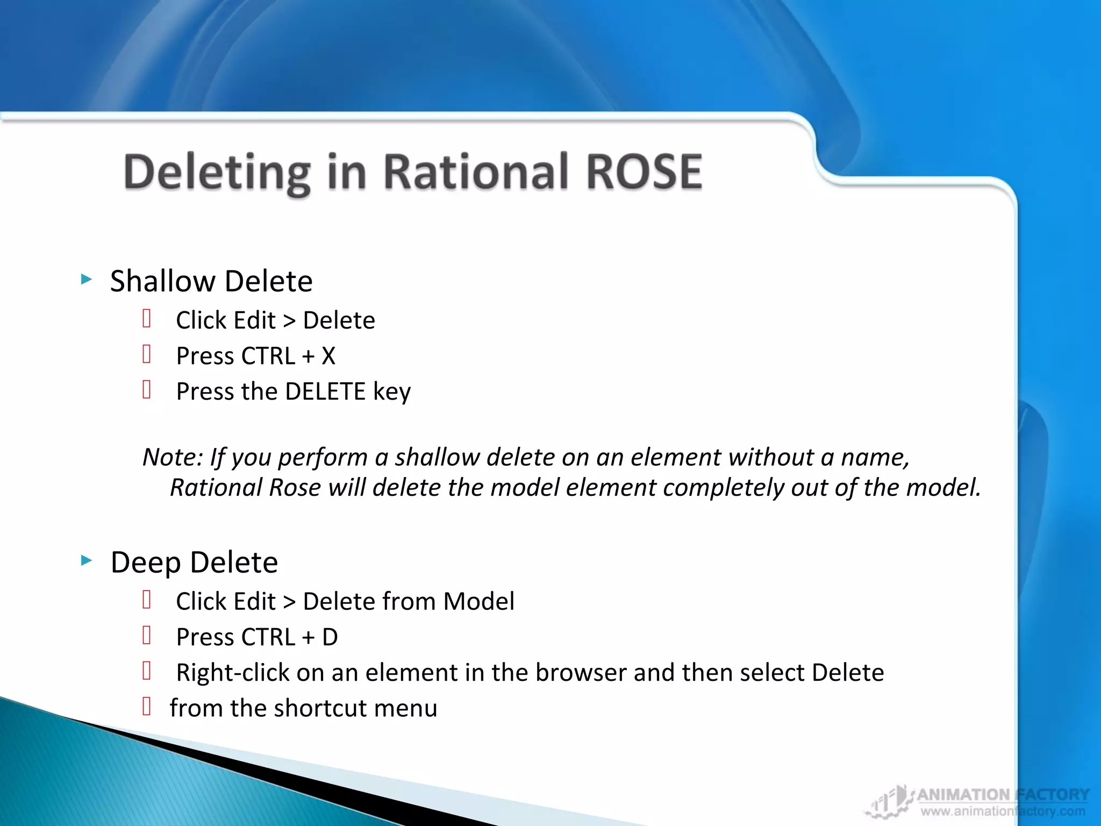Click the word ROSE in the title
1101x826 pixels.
coord(644,172)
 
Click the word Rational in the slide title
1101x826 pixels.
coord(476,172)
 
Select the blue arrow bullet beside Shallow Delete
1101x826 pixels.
coord(86,279)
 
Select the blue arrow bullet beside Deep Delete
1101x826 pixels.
coord(86,561)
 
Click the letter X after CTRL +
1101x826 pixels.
coord(328,356)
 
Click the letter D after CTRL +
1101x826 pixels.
coord(330,637)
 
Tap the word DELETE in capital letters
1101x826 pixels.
coord(325,391)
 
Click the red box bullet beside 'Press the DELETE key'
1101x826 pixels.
coord(147,389)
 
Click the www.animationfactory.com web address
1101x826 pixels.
coord(1003,811)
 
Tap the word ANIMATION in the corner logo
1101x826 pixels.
coord(963,794)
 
